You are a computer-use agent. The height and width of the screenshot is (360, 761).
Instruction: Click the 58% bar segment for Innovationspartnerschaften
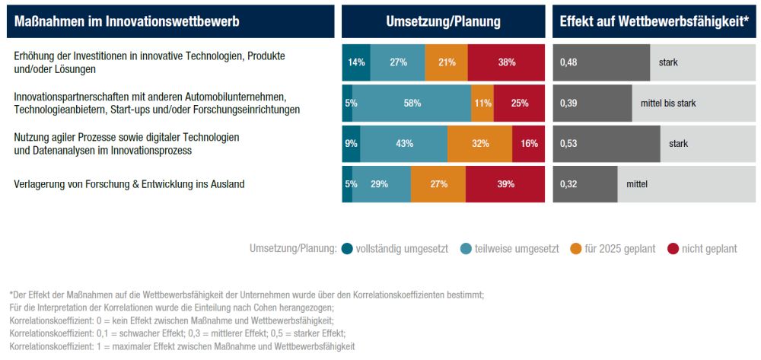point(412,104)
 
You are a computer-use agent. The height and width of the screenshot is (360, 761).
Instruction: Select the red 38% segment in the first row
point(507,62)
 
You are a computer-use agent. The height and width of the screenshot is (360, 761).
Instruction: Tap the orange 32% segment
point(479,144)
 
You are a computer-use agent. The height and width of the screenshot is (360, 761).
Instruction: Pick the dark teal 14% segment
point(356,62)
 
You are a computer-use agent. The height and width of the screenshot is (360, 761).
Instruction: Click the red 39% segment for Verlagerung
point(505,184)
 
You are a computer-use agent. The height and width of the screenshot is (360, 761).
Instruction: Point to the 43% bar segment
point(403,144)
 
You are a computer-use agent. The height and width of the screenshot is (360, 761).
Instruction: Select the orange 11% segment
point(482,104)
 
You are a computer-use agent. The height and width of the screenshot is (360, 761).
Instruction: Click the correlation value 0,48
point(569,62)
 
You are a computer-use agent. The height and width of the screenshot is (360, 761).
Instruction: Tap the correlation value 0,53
point(569,144)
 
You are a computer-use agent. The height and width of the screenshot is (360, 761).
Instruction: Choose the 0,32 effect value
point(569,184)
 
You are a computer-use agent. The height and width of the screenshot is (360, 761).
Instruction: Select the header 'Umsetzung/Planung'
point(443,22)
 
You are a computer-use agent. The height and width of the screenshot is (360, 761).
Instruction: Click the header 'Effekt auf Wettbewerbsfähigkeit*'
point(654,22)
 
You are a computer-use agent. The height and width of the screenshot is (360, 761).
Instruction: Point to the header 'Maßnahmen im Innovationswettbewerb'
point(127,22)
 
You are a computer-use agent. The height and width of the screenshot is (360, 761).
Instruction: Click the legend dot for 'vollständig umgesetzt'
point(348,248)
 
